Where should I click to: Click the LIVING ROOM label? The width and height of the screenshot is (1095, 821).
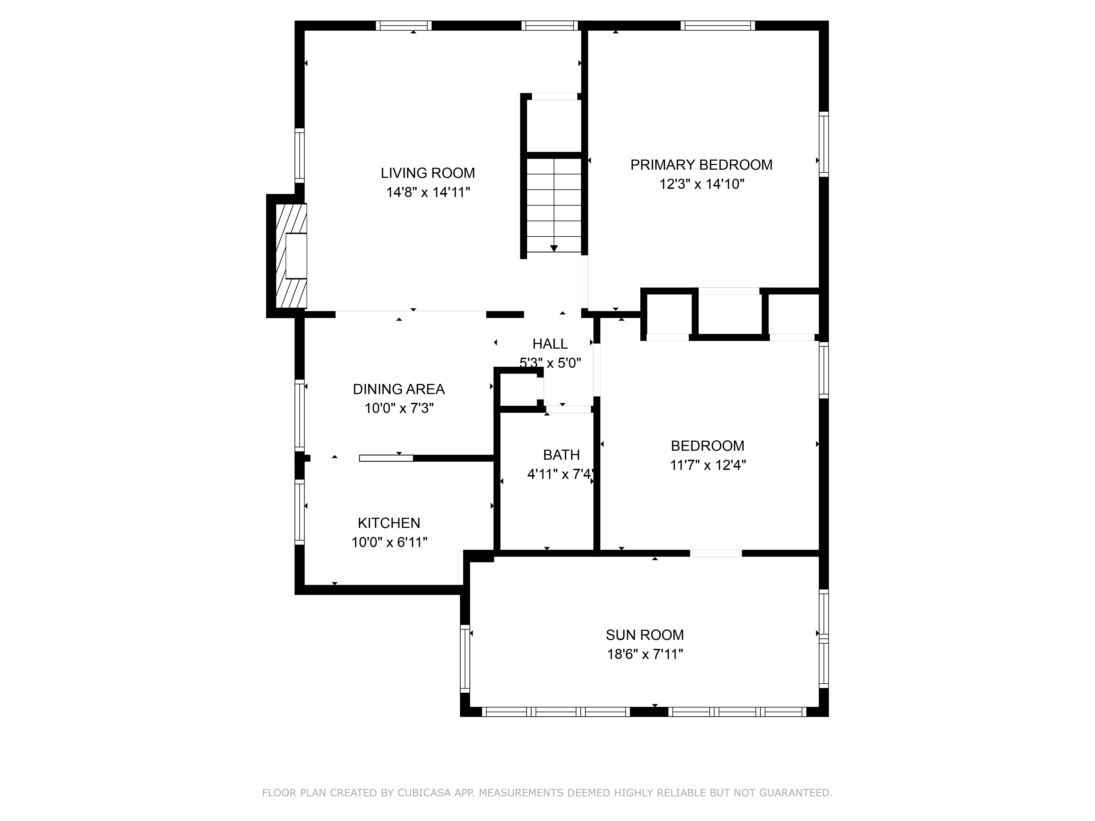pyautogui.click(x=428, y=173)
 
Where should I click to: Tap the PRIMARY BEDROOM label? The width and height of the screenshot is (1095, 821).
pyautogui.click(x=701, y=165)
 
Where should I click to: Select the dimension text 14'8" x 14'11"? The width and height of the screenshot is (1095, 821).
pyautogui.click(x=428, y=192)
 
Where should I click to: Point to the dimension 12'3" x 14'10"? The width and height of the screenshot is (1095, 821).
pyautogui.click(x=701, y=184)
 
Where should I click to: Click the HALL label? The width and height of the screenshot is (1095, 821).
pyautogui.click(x=550, y=343)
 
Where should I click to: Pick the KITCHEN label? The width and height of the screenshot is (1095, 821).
pyautogui.click(x=389, y=523)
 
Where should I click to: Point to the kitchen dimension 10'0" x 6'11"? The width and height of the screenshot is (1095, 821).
pyautogui.click(x=389, y=542)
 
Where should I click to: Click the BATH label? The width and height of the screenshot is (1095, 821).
pyautogui.click(x=561, y=455)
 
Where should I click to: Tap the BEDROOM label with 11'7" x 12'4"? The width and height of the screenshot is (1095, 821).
pyautogui.click(x=707, y=446)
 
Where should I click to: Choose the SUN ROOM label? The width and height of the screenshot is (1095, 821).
pyautogui.click(x=644, y=635)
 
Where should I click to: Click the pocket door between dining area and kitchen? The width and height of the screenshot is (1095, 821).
pyautogui.click(x=386, y=458)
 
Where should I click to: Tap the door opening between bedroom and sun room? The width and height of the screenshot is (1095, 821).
pyautogui.click(x=716, y=553)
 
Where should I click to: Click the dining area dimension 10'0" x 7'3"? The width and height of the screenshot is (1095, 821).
pyautogui.click(x=399, y=408)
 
